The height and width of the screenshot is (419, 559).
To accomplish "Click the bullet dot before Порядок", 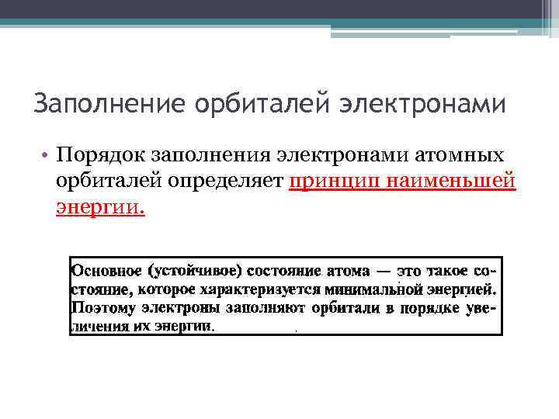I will pos(47,157).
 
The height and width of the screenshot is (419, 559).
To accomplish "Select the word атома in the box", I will pos(346,271).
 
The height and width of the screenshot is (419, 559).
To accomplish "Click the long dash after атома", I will pos(384,272).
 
